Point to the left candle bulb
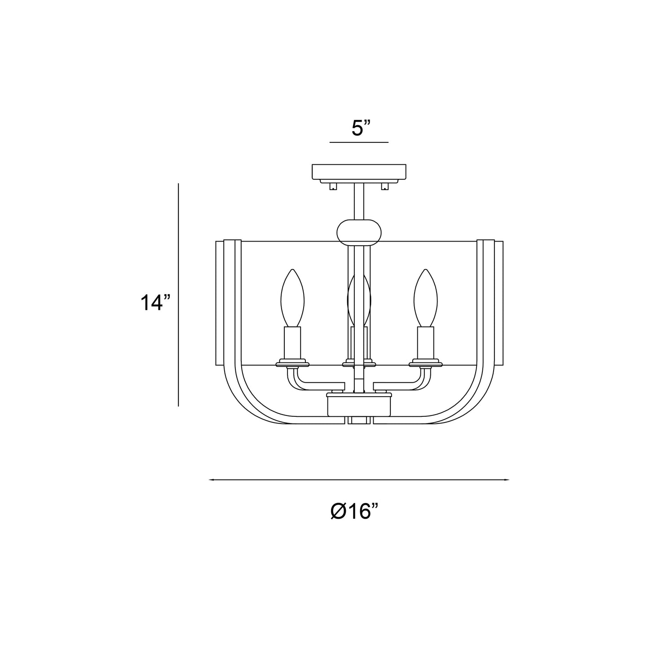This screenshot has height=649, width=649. (x=292, y=298)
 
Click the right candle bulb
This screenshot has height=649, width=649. (x=425, y=298)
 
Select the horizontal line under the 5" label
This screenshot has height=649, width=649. (x=359, y=142)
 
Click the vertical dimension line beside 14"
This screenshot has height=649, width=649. (x=178, y=295)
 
